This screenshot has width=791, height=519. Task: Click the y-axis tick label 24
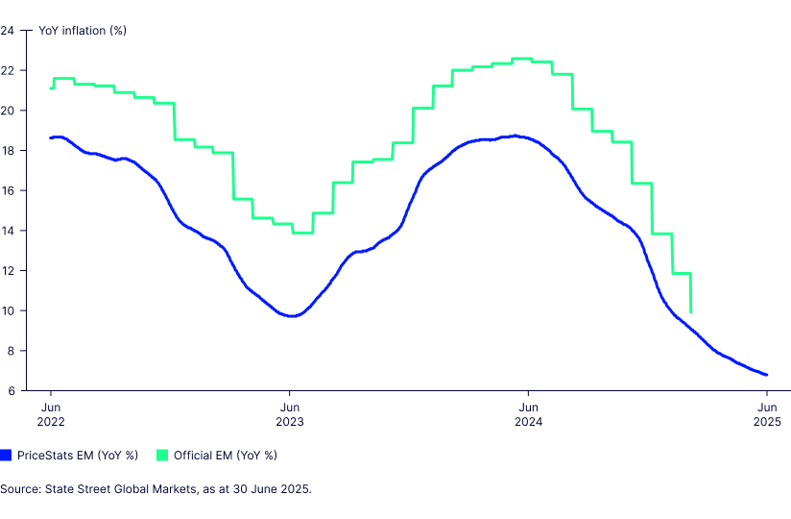tap(8, 30)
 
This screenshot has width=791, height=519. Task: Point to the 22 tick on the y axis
tap(8, 70)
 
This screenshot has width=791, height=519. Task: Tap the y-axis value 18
tap(8, 150)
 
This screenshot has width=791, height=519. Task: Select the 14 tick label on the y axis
tap(8, 231)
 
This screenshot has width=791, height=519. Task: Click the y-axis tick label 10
tap(8, 310)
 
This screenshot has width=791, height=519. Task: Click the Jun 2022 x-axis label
tap(51, 413)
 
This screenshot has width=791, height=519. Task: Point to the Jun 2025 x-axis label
tap(766, 413)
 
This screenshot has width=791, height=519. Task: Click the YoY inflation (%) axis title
tap(83, 30)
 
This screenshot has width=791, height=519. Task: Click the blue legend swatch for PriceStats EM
tap(6, 455)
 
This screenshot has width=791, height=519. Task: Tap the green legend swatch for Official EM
tap(163, 455)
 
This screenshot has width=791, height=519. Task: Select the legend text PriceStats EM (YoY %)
tap(78, 455)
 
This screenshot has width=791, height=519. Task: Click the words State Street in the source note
tap(78, 489)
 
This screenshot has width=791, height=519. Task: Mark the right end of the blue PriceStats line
tap(766, 375)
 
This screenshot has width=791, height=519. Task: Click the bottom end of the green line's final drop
tap(691, 311)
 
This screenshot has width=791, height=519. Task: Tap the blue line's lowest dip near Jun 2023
tap(291, 316)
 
